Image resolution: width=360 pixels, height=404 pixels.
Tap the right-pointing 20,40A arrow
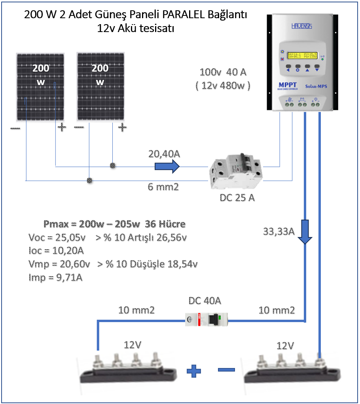[x=167, y=167]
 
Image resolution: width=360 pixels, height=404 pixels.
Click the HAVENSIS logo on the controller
[x=302, y=26]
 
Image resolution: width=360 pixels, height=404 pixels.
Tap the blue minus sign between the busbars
[x=226, y=370]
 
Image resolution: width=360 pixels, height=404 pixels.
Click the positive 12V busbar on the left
[x=126, y=368]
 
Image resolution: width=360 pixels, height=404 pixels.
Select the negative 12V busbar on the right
[x=293, y=368]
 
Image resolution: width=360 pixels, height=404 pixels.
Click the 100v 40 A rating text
[x=223, y=72]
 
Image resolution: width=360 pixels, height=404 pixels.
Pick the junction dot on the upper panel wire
[x=113, y=166]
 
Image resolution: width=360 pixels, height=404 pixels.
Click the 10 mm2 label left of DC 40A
[x=136, y=310]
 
